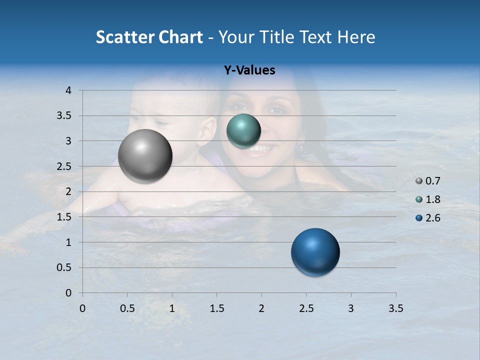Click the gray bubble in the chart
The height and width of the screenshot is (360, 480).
145,156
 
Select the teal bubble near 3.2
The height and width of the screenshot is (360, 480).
243,131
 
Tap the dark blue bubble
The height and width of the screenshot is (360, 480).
315,252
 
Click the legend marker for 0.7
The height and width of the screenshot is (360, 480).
419,181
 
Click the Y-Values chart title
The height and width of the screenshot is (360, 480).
249,70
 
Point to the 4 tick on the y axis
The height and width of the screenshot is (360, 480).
69,90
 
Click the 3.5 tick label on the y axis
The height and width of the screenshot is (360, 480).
65,116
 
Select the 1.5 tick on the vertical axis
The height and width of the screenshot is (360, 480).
65,217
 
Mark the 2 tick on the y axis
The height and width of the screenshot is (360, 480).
69,192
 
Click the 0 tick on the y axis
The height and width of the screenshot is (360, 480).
69,293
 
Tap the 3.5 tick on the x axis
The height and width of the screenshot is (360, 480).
395,308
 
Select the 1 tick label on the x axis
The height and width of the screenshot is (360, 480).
172,308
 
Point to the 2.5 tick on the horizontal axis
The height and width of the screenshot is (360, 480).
306,308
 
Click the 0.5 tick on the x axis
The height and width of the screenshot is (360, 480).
127,308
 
